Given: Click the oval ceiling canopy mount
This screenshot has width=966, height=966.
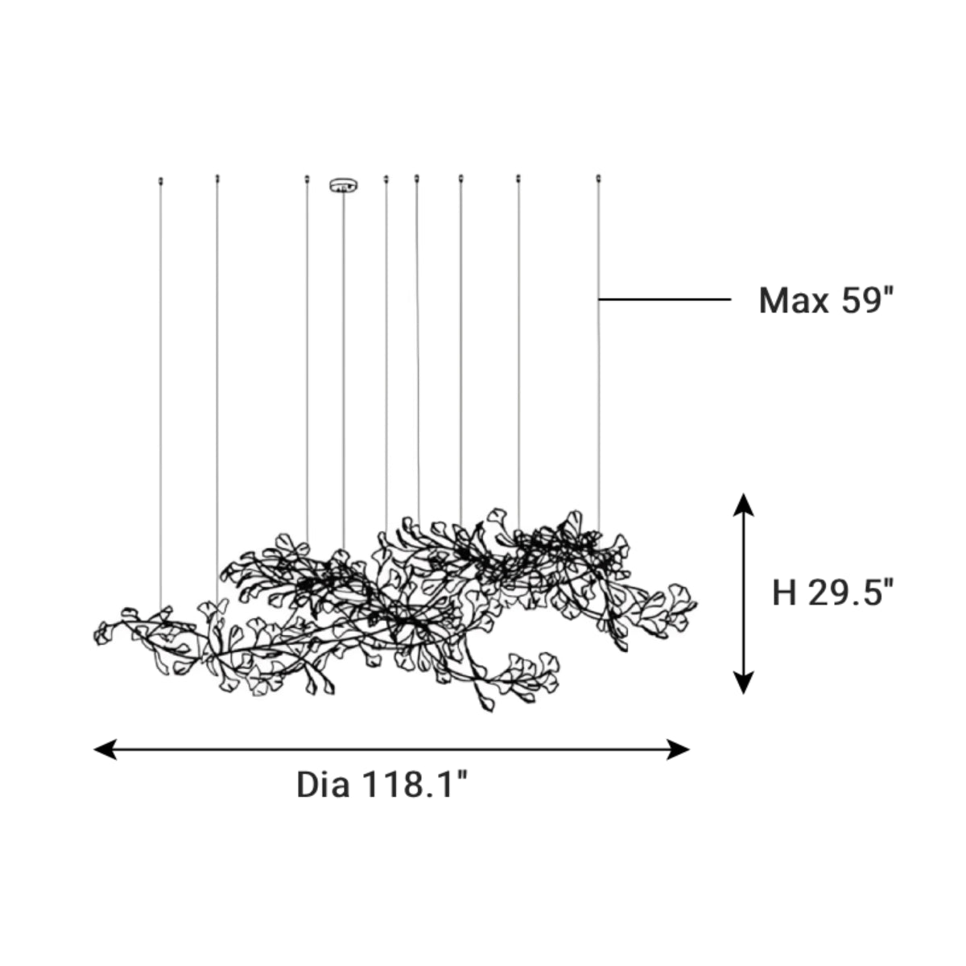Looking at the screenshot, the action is tap(344, 185).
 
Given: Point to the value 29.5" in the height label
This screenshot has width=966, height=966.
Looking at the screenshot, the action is tap(851, 592).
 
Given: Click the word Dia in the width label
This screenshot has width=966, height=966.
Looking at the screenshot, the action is tap(323, 785).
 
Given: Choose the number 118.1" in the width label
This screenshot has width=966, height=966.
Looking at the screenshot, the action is tap(415, 784).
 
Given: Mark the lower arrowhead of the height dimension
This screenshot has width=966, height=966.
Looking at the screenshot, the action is tap(743, 683).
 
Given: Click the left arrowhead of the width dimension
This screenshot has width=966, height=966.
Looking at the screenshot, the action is tap(105, 749).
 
